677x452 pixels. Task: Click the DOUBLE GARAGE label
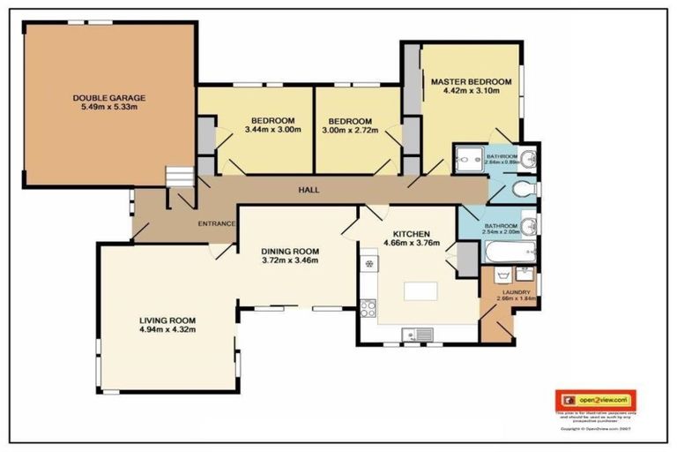click(108, 97)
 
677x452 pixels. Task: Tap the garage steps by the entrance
click(180, 177)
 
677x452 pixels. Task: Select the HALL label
click(309, 190)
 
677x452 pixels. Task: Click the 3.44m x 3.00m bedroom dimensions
click(273, 131)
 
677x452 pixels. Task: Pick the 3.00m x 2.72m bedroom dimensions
click(349, 131)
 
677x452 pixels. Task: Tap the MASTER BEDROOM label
click(465, 82)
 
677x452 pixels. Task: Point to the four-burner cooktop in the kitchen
click(368, 308)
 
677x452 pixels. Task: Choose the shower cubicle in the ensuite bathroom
click(465, 160)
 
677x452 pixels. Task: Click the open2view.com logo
click(596, 400)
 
